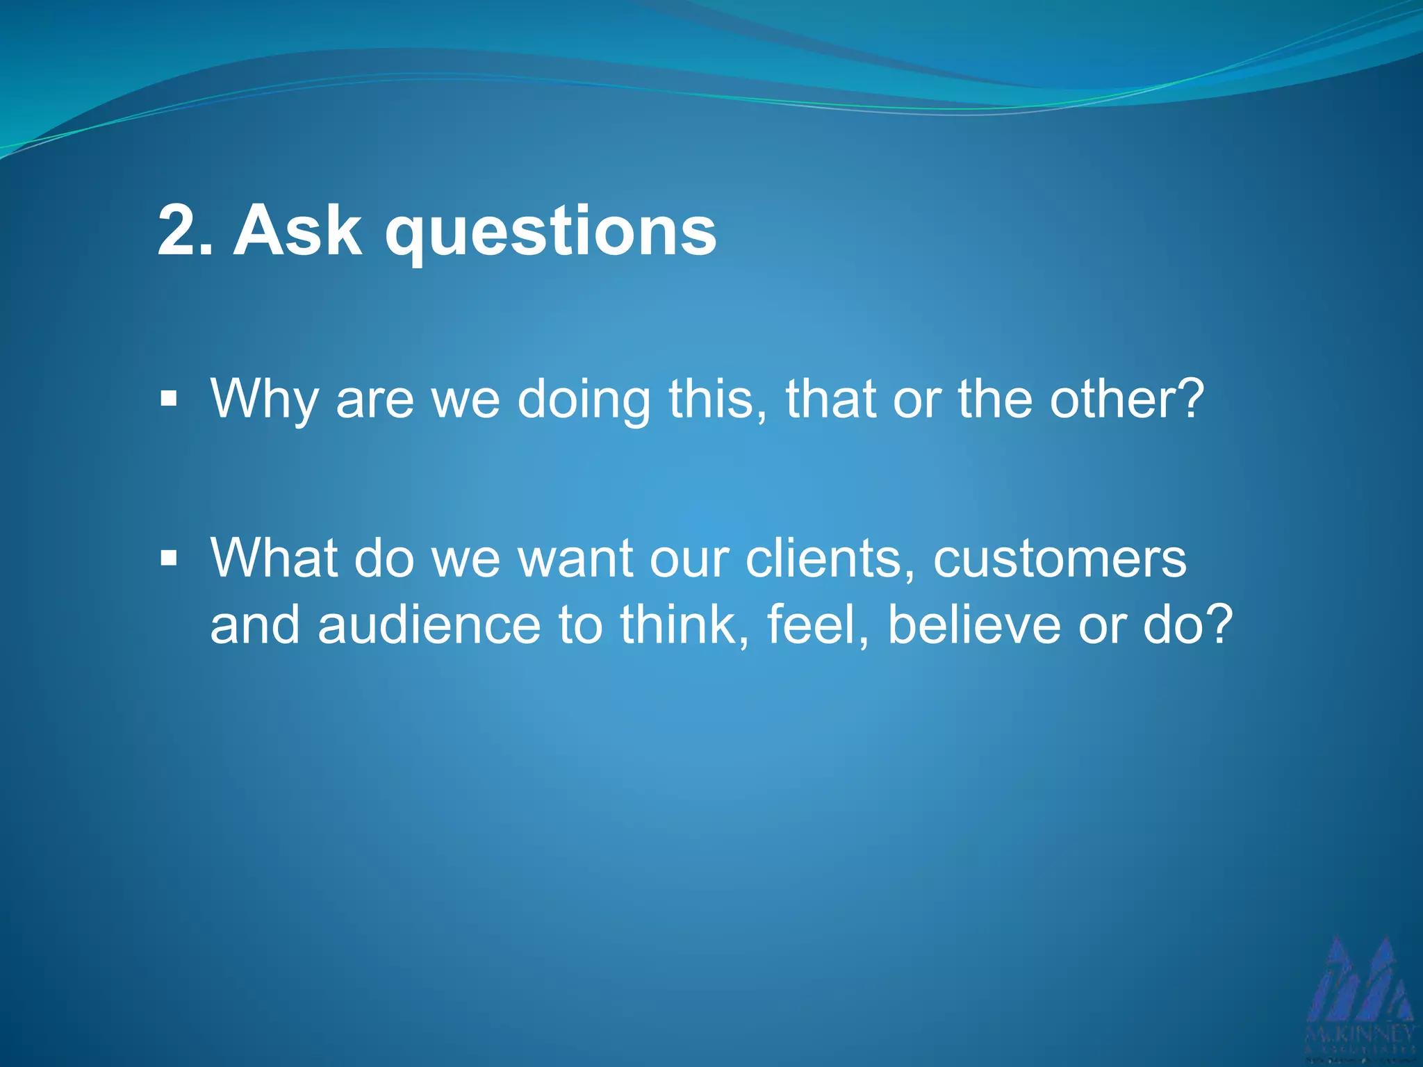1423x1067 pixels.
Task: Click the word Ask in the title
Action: tap(297, 231)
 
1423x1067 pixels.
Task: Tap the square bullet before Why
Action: tap(169, 399)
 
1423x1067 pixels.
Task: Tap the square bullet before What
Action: tap(169, 558)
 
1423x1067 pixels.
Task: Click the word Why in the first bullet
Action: tap(264, 399)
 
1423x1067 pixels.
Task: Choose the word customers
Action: tap(1060, 558)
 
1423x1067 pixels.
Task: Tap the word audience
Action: tap(429, 625)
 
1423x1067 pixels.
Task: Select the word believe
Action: tap(974, 625)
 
